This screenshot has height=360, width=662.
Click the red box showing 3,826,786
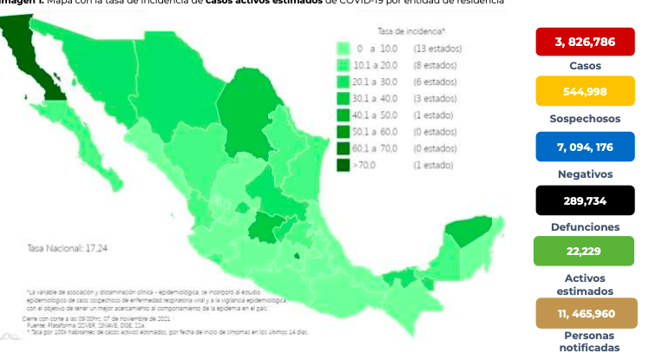(585, 42)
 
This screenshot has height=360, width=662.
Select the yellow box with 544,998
(585, 91)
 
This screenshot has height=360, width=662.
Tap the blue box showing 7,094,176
(585, 147)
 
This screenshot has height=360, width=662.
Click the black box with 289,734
(585, 200)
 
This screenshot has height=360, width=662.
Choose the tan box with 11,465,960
(585, 312)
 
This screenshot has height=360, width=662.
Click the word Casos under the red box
(585, 66)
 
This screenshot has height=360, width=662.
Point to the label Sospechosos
(585, 118)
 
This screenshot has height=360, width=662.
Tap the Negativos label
(585, 173)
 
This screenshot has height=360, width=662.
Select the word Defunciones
(585, 226)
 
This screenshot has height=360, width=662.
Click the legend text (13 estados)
(437, 49)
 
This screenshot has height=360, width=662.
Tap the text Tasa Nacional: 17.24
(65, 248)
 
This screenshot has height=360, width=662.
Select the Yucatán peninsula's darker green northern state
(469, 231)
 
